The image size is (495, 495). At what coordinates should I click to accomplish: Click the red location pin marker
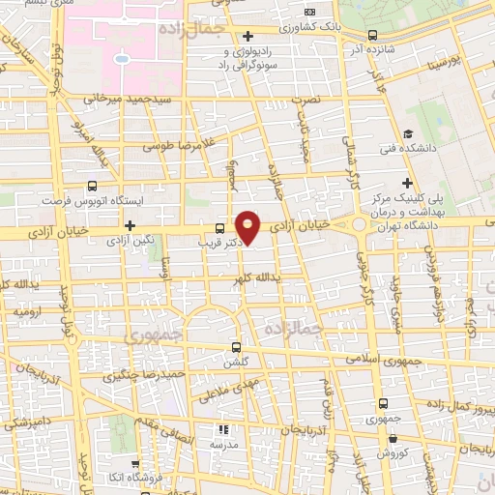248,227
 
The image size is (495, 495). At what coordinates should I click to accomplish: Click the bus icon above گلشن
237,345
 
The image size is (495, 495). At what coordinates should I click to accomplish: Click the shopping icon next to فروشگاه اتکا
135,464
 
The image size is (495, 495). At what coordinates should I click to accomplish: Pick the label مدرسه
223,444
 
